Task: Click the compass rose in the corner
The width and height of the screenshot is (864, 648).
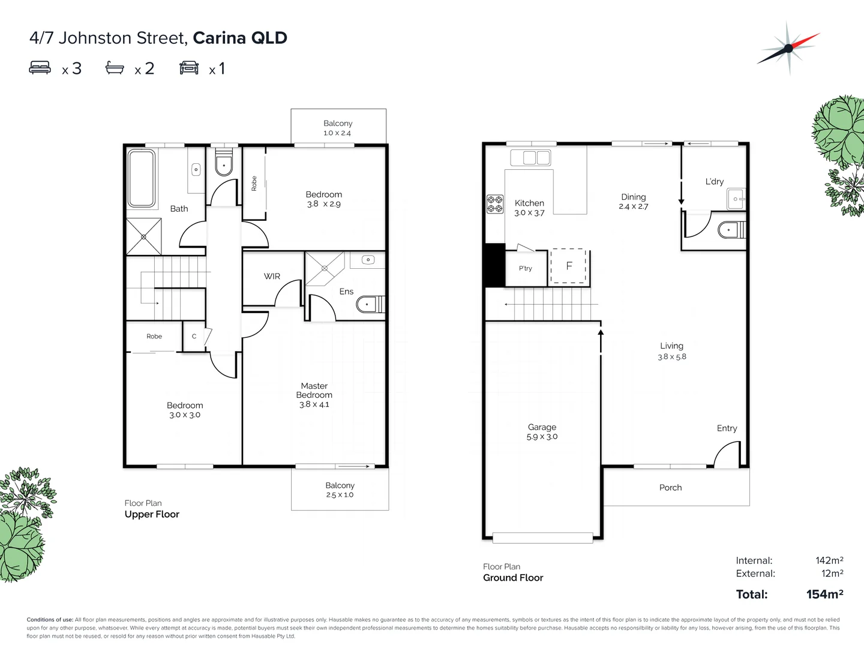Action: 788,49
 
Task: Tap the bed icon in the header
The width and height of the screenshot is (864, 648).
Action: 40,67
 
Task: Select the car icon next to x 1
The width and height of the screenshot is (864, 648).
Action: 189,67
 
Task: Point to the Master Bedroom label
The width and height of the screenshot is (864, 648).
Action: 314,391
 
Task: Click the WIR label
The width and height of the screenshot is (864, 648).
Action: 272,277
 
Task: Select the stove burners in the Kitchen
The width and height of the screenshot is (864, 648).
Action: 495,204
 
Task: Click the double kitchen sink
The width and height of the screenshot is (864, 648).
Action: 530,158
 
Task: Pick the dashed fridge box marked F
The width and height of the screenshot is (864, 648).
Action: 569,266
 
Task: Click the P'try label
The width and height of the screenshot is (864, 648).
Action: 526,268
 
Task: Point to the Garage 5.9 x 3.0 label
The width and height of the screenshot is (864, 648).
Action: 542,432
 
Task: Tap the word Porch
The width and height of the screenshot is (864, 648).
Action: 670,488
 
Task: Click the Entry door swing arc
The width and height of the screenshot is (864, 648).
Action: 727,454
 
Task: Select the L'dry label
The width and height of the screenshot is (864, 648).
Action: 714,181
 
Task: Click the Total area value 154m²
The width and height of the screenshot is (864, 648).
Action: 824,595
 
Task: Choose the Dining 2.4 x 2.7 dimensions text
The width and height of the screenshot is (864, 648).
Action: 634,206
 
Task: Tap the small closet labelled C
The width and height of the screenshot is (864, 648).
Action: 194,337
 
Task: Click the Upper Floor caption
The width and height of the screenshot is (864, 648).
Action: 152,514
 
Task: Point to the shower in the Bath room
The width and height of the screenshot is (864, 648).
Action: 143,236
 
